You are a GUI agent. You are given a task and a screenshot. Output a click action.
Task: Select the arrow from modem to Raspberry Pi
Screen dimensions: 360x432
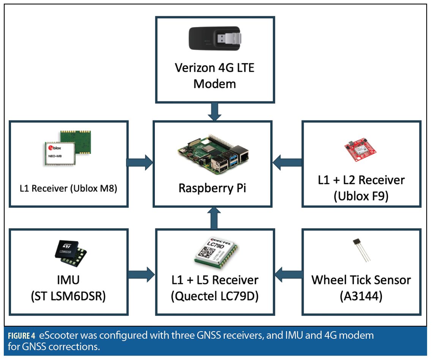[x=214, y=111]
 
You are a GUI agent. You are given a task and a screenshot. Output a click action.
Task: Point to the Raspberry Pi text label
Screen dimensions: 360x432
[x=213, y=188]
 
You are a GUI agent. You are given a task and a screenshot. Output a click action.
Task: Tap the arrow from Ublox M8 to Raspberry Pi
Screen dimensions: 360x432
[x=139, y=163]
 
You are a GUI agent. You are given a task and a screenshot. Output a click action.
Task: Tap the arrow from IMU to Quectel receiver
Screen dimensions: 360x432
[x=141, y=272]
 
